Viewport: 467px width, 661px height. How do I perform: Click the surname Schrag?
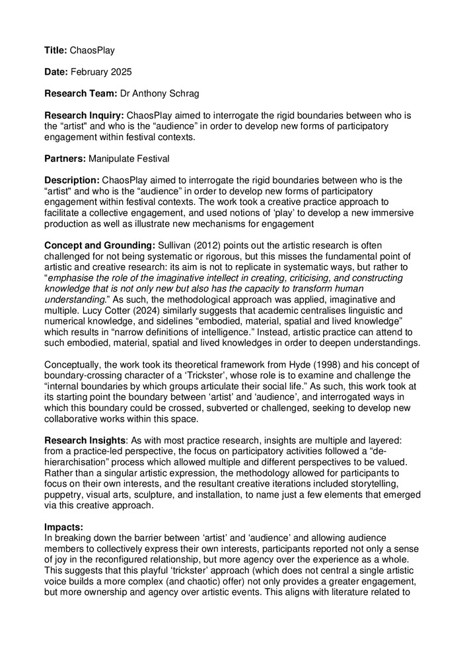[x=188, y=94]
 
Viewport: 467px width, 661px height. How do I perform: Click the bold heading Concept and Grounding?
[x=96, y=245]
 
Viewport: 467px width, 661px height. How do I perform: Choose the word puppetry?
[x=65, y=494]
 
